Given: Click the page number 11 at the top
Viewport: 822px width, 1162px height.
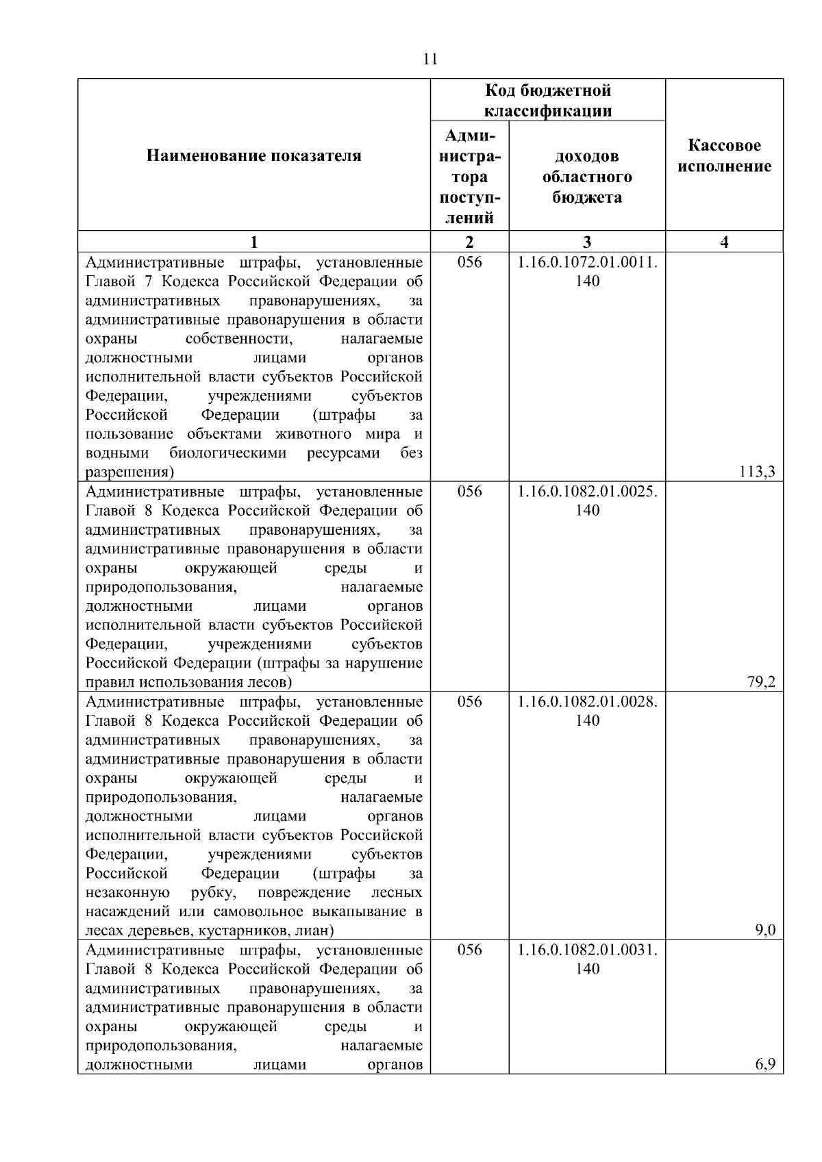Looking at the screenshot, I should click(x=430, y=59).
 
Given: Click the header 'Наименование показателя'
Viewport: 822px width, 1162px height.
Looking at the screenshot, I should click(x=253, y=156).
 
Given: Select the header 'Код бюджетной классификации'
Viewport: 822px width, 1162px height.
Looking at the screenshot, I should click(x=548, y=100).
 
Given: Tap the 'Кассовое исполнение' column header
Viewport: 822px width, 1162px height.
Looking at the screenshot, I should click(x=724, y=156).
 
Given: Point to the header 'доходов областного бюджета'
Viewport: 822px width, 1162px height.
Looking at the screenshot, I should click(x=587, y=177).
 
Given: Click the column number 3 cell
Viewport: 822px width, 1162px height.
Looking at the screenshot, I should click(x=587, y=242).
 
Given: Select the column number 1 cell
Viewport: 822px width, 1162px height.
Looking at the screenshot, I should click(x=253, y=242).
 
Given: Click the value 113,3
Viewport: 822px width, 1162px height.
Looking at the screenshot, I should click(x=761, y=472).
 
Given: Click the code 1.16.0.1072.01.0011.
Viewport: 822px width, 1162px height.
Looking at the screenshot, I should click(x=587, y=262).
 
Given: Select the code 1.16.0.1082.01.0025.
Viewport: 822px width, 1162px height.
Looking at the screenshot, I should click(x=587, y=492).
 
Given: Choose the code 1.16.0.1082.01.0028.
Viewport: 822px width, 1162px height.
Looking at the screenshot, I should click(x=587, y=702).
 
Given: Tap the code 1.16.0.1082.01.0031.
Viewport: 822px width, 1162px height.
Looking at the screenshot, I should click(x=587, y=950).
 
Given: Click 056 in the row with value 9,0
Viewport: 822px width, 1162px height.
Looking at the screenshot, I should click(x=469, y=702).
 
